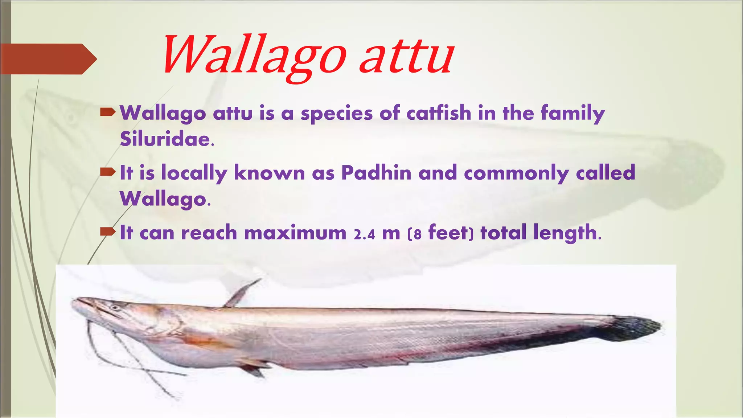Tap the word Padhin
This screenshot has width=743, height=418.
tap(376, 173)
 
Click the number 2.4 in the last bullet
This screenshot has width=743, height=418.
tap(364, 234)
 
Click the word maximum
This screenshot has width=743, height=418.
tap(295, 233)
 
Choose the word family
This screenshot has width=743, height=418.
tap(572, 114)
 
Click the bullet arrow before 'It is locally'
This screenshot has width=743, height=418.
tap(107, 172)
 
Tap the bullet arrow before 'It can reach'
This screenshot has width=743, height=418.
tap(107, 231)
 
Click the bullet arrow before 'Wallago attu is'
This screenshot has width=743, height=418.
tap(107, 112)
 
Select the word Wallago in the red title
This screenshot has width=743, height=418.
tap(254, 56)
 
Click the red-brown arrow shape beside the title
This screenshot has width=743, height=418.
tap(47, 59)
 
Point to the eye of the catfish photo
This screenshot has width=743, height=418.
tap(115, 308)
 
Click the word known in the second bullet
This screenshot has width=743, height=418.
tap(269, 173)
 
